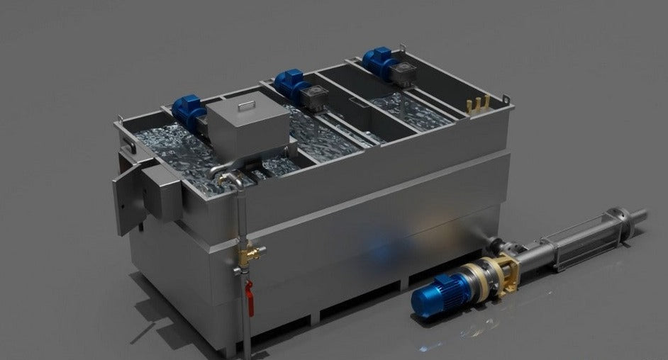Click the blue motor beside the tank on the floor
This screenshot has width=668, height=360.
(438, 292)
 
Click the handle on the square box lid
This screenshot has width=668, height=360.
(246, 105)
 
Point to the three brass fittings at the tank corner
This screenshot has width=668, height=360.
(477, 105)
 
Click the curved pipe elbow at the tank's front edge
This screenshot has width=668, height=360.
(230, 176)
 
